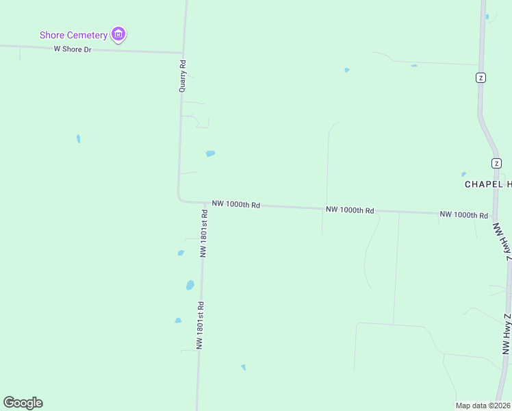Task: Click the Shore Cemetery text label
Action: point(73,35)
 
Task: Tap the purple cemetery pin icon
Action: point(119,34)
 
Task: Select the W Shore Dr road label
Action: point(73,49)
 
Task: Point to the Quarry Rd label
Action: point(183,76)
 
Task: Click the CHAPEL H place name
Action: point(487,184)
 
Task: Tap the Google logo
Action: point(23,403)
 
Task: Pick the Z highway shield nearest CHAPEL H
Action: point(496,163)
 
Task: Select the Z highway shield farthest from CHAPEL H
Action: point(481,77)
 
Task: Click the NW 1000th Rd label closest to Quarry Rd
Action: point(235,204)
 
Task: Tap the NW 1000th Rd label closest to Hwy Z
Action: point(463,214)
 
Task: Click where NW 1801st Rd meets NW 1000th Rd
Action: point(205,203)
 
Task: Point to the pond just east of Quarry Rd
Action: point(210,153)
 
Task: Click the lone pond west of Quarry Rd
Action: point(79,138)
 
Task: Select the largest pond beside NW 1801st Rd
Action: point(190,285)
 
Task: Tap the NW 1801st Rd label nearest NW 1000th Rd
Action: point(203,234)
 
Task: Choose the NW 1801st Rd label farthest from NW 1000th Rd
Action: point(201,326)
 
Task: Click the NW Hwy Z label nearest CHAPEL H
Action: point(504,244)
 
